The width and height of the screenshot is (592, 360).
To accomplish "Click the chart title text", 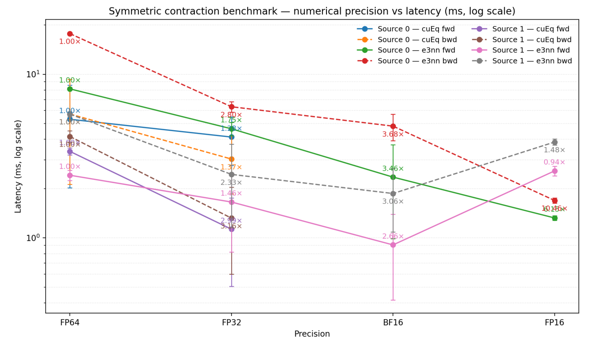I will (312, 12).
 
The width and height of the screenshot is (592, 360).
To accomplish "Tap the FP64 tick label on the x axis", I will (70, 323).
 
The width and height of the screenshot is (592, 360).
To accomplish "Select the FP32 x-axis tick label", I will (231, 323).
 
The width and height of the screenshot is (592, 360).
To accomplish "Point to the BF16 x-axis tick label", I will (393, 323).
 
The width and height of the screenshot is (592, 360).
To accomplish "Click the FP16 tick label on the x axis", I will (554, 323).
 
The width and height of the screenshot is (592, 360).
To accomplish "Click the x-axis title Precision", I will (312, 334).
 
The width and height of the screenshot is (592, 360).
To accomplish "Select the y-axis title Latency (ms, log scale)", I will (18, 166).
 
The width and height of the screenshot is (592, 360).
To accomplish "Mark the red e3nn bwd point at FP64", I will (70, 34).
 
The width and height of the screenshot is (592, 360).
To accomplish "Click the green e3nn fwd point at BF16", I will (393, 177).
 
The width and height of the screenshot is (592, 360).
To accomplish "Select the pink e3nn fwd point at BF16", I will (393, 245).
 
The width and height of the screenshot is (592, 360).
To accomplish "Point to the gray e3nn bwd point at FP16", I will (554, 142).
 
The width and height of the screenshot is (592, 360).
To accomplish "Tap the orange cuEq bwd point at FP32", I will (231, 159).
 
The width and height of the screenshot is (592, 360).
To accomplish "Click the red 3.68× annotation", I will (393, 135).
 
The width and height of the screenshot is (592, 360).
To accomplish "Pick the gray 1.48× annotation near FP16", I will (554, 150).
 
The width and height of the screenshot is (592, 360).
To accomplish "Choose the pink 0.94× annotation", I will (554, 163).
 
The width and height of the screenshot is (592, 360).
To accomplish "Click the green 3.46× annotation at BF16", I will (393, 169).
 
